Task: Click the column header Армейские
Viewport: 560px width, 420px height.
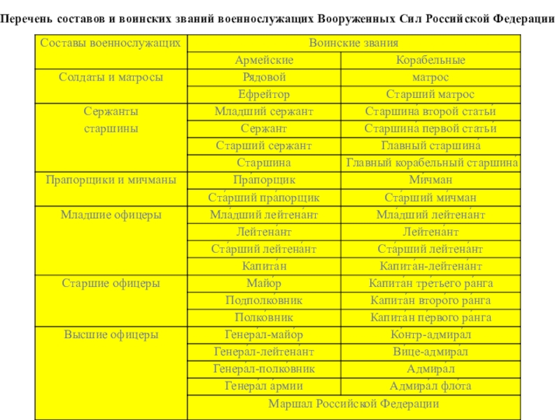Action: coord(264,60)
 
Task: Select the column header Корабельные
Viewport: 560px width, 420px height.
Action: coord(430,60)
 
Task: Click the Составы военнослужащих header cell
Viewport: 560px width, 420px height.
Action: coord(111,43)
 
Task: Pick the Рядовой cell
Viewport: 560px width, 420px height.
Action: coord(264,77)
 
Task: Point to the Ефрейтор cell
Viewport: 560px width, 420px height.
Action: coord(264,94)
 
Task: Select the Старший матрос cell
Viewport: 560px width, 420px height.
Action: coord(430,94)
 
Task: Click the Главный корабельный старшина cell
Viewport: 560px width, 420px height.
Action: coord(431,163)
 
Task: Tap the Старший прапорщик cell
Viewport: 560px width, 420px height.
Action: coord(264,197)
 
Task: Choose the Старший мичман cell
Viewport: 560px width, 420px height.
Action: coord(430,197)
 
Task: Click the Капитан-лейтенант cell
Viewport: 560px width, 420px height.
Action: coord(430,266)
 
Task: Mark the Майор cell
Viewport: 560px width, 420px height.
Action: coord(264,283)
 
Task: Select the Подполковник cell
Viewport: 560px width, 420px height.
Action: coord(264,300)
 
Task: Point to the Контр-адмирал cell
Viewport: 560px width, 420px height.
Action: coord(430,335)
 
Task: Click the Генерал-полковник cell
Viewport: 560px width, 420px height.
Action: coord(264,369)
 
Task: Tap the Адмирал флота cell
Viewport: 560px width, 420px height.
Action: coord(430,386)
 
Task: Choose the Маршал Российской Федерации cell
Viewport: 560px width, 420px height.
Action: coord(353,404)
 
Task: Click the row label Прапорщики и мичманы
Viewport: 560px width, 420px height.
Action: coord(111,181)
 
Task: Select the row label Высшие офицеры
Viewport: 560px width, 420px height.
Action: coord(111,335)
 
